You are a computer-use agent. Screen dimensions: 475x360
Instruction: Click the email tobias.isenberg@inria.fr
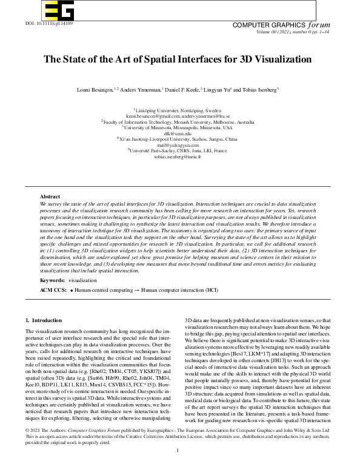179,157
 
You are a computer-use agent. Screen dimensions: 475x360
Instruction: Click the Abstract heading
50,197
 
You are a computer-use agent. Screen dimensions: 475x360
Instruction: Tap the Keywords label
52,281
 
